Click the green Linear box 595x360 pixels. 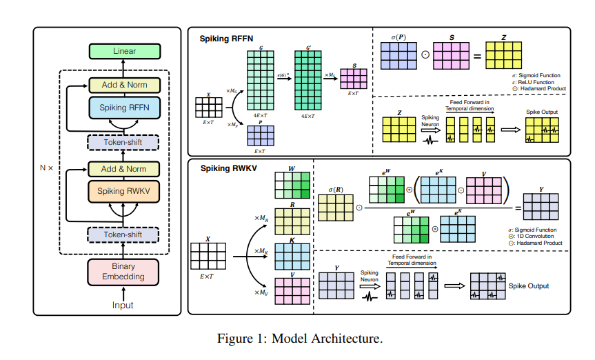[124, 51]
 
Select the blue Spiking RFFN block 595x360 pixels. [124, 108]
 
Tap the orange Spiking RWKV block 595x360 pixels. [124, 190]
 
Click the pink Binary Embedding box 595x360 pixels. [124, 271]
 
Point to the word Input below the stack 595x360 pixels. [123, 305]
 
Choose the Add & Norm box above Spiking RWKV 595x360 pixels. [124, 168]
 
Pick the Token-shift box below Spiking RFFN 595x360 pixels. [124, 143]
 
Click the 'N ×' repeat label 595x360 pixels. [46, 168]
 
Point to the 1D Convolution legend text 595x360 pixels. [539, 237]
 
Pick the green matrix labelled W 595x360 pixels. [292, 186]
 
